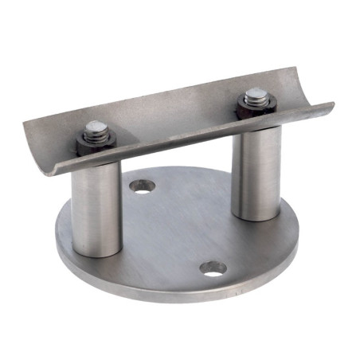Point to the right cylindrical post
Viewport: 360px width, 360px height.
coord(256,175)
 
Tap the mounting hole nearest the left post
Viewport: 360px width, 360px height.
coord(143,186)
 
